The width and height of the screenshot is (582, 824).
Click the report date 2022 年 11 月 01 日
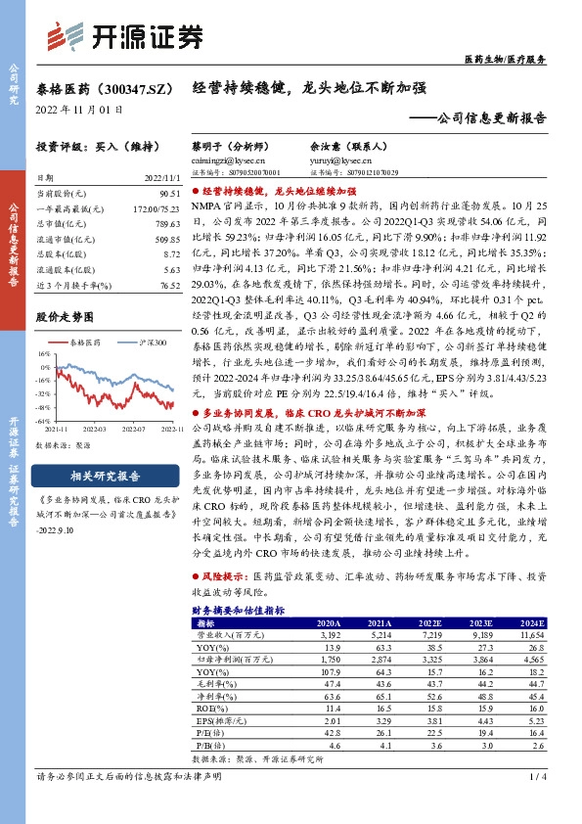click(73, 110)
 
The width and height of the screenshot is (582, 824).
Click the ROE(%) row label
click(208, 706)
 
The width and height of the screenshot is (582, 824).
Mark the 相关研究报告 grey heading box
click(102, 476)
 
